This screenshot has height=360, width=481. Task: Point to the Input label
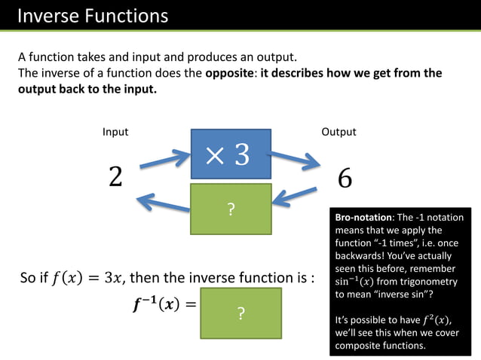[x=115, y=132]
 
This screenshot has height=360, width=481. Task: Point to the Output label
[x=339, y=132]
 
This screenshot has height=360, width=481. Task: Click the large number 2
[x=115, y=177]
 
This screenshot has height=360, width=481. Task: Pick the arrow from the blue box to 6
[x=295, y=160]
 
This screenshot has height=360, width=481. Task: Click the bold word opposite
[x=231, y=73]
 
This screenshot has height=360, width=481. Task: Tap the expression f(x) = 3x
[x=86, y=278]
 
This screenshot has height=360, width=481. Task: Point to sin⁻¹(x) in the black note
[x=357, y=281]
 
